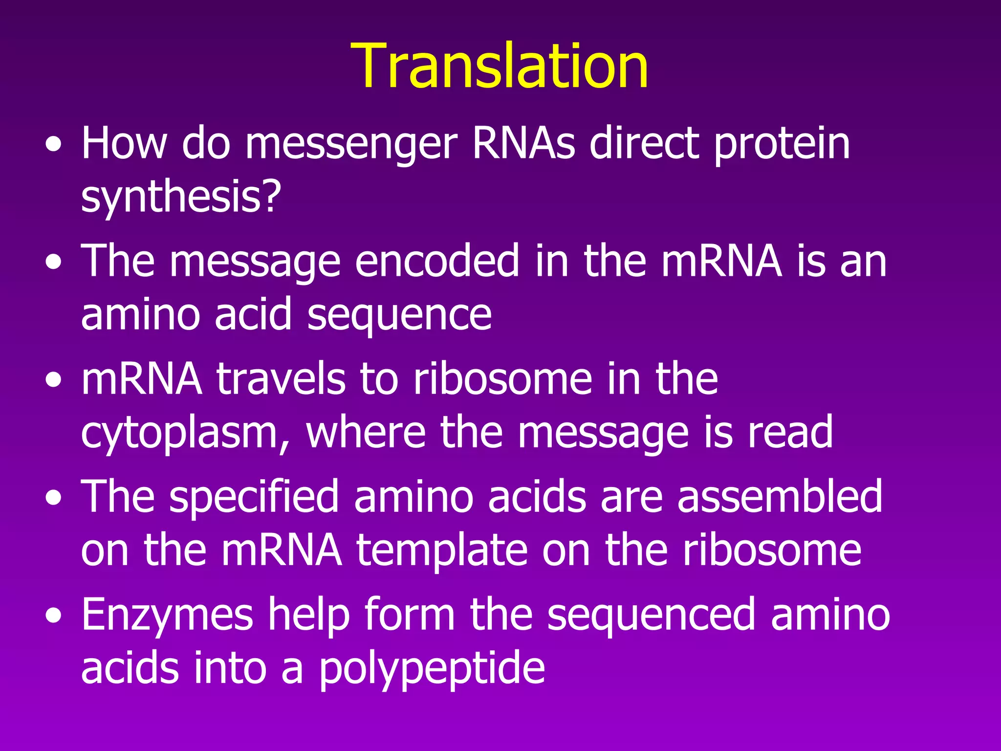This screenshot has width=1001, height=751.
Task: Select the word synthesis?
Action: coord(181,198)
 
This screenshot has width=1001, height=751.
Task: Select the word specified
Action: coord(254,497)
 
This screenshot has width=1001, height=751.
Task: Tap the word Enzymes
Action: coord(167,615)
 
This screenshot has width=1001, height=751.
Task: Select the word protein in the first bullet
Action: coord(782,145)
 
